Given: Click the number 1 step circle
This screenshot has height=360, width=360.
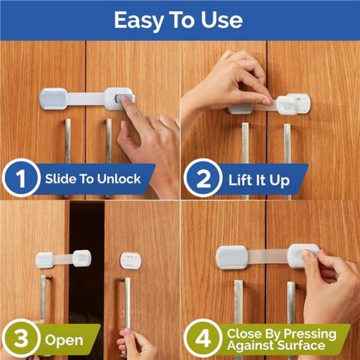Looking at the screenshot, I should pos(21,180).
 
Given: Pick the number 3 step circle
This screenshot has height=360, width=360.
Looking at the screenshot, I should pos(21,340).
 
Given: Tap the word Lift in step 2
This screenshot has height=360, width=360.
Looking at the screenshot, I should pos(240,180).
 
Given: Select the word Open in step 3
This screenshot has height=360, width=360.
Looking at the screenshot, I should pos(63,340).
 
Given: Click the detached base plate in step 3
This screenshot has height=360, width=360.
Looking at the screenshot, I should pos(128,260).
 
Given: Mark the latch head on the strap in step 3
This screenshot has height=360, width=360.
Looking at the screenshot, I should pos(82,258).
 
